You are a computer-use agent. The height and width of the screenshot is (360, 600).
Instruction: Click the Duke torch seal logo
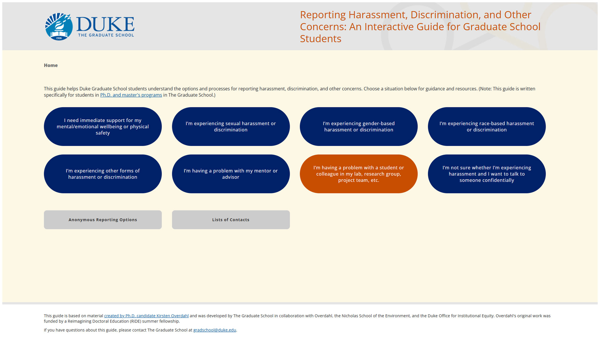click(x=59, y=26)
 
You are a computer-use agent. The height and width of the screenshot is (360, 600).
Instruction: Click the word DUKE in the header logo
click(x=105, y=24)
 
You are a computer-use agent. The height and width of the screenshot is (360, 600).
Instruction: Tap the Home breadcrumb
click(x=51, y=65)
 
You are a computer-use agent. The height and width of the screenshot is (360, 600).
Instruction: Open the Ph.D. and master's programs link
click(x=131, y=95)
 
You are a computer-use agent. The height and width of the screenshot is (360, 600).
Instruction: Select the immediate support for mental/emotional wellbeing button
click(x=103, y=126)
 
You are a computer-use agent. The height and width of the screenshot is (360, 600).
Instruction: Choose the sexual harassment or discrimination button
click(x=231, y=126)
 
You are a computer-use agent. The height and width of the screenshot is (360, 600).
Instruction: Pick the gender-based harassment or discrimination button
click(x=358, y=126)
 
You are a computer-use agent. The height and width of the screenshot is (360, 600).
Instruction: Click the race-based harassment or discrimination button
click(x=487, y=126)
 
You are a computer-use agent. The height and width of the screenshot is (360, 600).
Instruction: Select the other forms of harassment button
click(x=103, y=174)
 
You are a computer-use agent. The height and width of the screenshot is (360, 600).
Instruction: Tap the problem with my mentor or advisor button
click(x=231, y=174)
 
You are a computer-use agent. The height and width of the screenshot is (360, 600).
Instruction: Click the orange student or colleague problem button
click(x=358, y=174)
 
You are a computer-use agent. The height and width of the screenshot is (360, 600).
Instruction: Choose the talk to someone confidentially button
click(x=487, y=174)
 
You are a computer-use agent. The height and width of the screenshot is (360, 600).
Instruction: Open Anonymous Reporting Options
click(x=103, y=220)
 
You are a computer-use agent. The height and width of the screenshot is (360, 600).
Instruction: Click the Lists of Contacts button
click(x=231, y=220)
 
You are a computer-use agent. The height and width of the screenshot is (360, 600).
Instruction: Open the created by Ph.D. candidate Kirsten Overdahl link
click(x=146, y=316)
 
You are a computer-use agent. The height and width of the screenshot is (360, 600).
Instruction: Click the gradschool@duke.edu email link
click(x=214, y=330)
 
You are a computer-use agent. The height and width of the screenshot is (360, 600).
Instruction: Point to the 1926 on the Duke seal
click(x=59, y=38)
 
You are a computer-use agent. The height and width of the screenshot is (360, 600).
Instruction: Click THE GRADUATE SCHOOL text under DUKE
click(x=106, y=35)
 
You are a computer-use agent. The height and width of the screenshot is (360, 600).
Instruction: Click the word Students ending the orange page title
click(x=321, y=39)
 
